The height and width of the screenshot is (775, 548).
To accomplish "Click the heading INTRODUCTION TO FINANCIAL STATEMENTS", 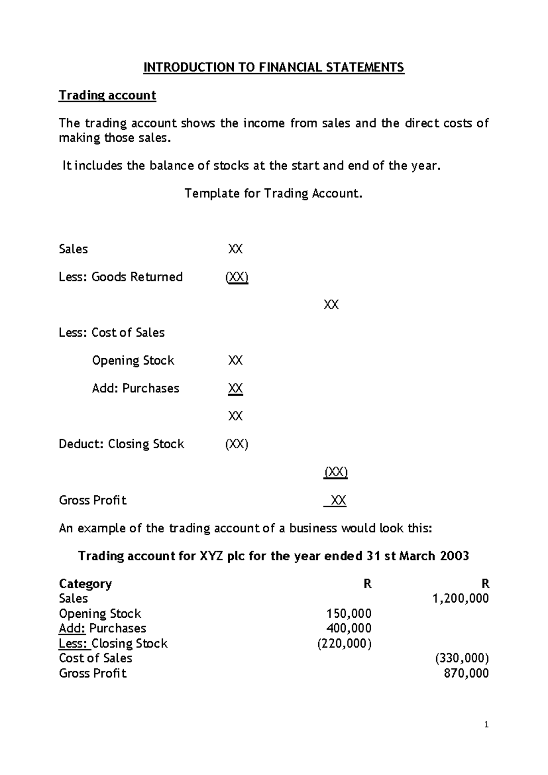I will pyautogui.click(x=274, y=68).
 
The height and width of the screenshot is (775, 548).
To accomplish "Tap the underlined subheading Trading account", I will pyautogui.click(x=107, y=95).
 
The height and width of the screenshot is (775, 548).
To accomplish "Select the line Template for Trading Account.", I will pyautogui.click(x=274, y=193).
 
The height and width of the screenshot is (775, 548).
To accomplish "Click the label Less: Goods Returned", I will pyautogui.click(x=121, y=277).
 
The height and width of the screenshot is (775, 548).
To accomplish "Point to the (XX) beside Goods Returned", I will pyautogui.click(x=237, y=277).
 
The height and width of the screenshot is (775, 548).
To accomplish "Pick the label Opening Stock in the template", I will pyautogui.click(x=133, y=361).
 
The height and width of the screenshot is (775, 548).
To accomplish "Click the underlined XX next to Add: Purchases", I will pyautogui.click(x=235, y=388).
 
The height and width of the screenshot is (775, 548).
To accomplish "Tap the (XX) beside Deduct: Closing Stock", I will pyautogui.click(x=237, y=444).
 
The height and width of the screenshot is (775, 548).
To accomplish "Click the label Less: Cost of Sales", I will pyautogui.click(x=111, y=333).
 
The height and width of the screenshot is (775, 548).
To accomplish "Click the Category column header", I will pyautogui.click(x=85, y=584).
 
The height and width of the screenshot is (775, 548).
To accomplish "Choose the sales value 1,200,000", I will pyautogui.click(x=460, y=599).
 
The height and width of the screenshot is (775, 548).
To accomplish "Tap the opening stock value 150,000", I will pyautogui.click(x=348, y=614).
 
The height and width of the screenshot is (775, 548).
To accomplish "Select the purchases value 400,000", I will pyautogui.click(x=348, y=628).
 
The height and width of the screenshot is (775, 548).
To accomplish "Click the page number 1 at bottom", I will pyautogui.click(x=486, y=725).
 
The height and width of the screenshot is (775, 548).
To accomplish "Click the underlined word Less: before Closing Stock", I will pyautogui.click(x=74, y=643).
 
